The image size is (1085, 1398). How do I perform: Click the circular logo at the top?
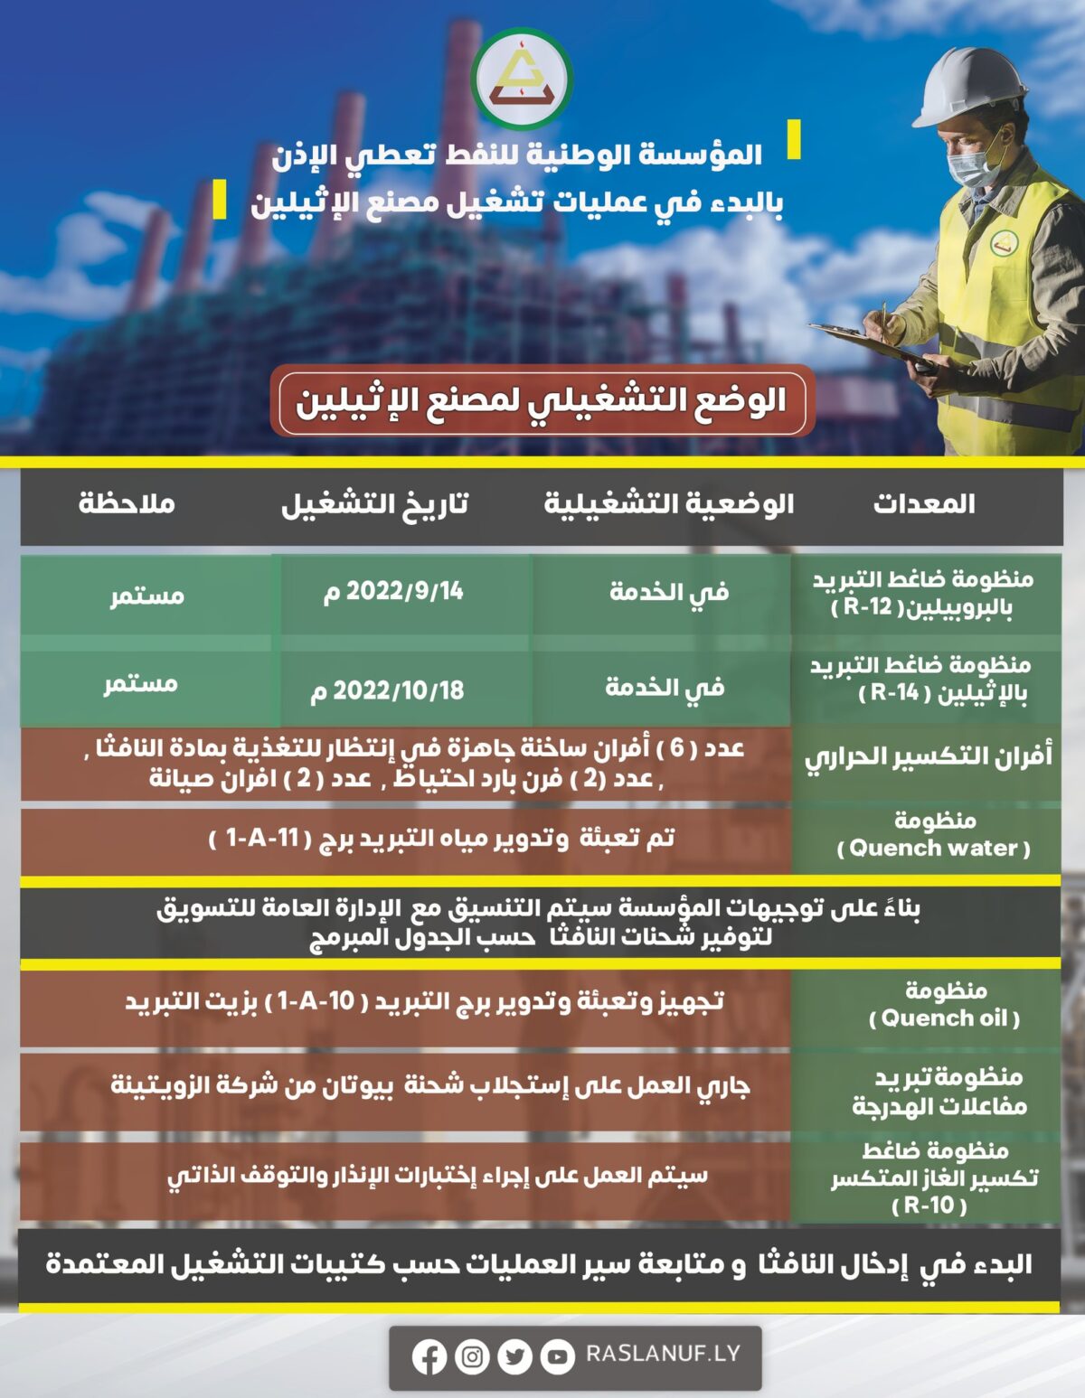(523, 79)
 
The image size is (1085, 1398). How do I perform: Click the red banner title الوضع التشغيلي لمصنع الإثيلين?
(542, 401)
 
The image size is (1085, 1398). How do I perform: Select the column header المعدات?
(924, 503)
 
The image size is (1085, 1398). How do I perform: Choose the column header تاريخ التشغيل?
(374, 503)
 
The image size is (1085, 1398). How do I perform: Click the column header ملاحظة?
(127, 503)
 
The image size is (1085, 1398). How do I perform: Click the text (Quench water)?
(934, 849)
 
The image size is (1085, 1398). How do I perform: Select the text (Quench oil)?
(944, 1018)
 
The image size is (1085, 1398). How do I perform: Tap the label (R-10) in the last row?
(929, 1206)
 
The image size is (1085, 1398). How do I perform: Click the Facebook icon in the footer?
(429, 1356)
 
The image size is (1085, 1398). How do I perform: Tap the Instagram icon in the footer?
(472, 1356)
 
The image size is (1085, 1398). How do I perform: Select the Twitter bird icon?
(514, 1356)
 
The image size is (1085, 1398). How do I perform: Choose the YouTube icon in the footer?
(557, 1356)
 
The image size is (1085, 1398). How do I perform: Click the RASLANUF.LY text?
(663, 1354)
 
